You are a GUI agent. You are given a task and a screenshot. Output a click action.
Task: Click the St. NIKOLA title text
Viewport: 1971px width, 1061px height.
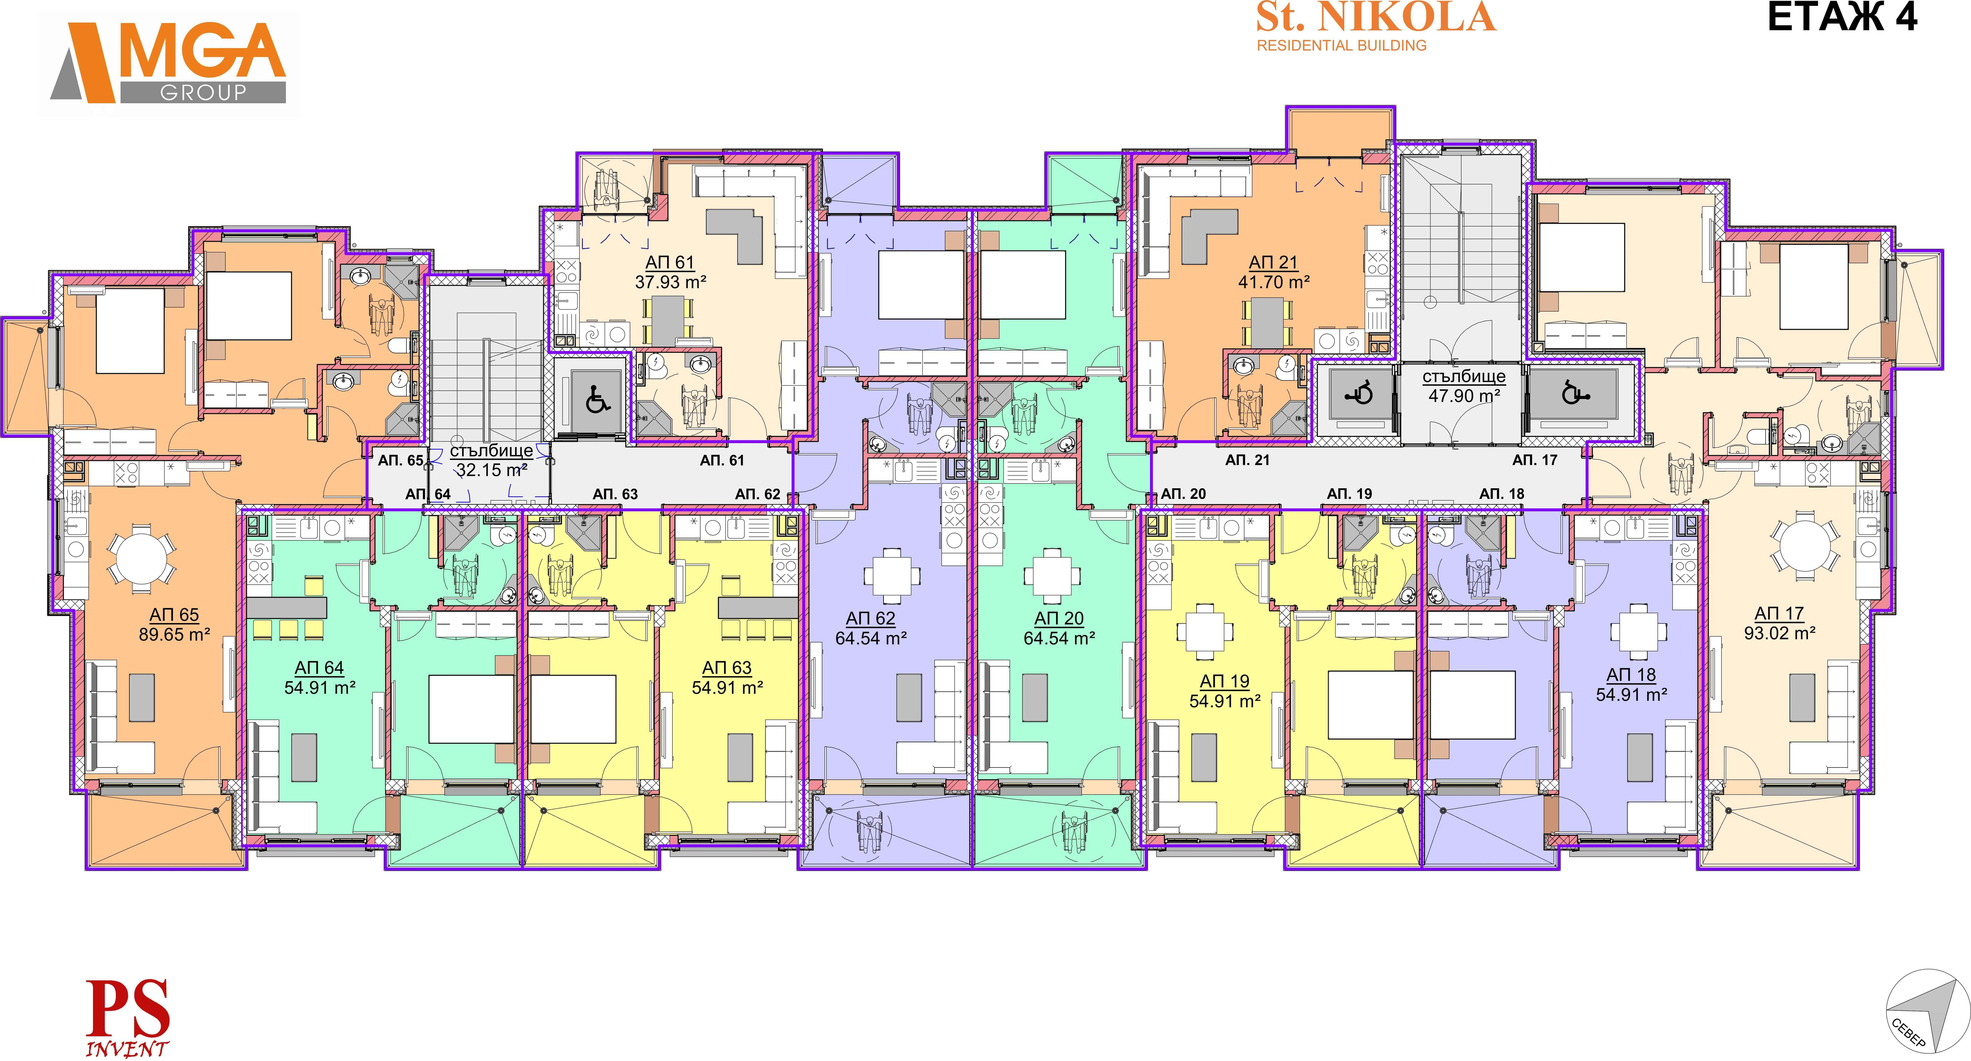point(1376,17)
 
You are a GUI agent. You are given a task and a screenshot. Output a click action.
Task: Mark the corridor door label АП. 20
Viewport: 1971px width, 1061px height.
point(1183,494)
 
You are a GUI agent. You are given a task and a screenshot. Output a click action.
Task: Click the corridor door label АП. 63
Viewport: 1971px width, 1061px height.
point(615,494)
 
